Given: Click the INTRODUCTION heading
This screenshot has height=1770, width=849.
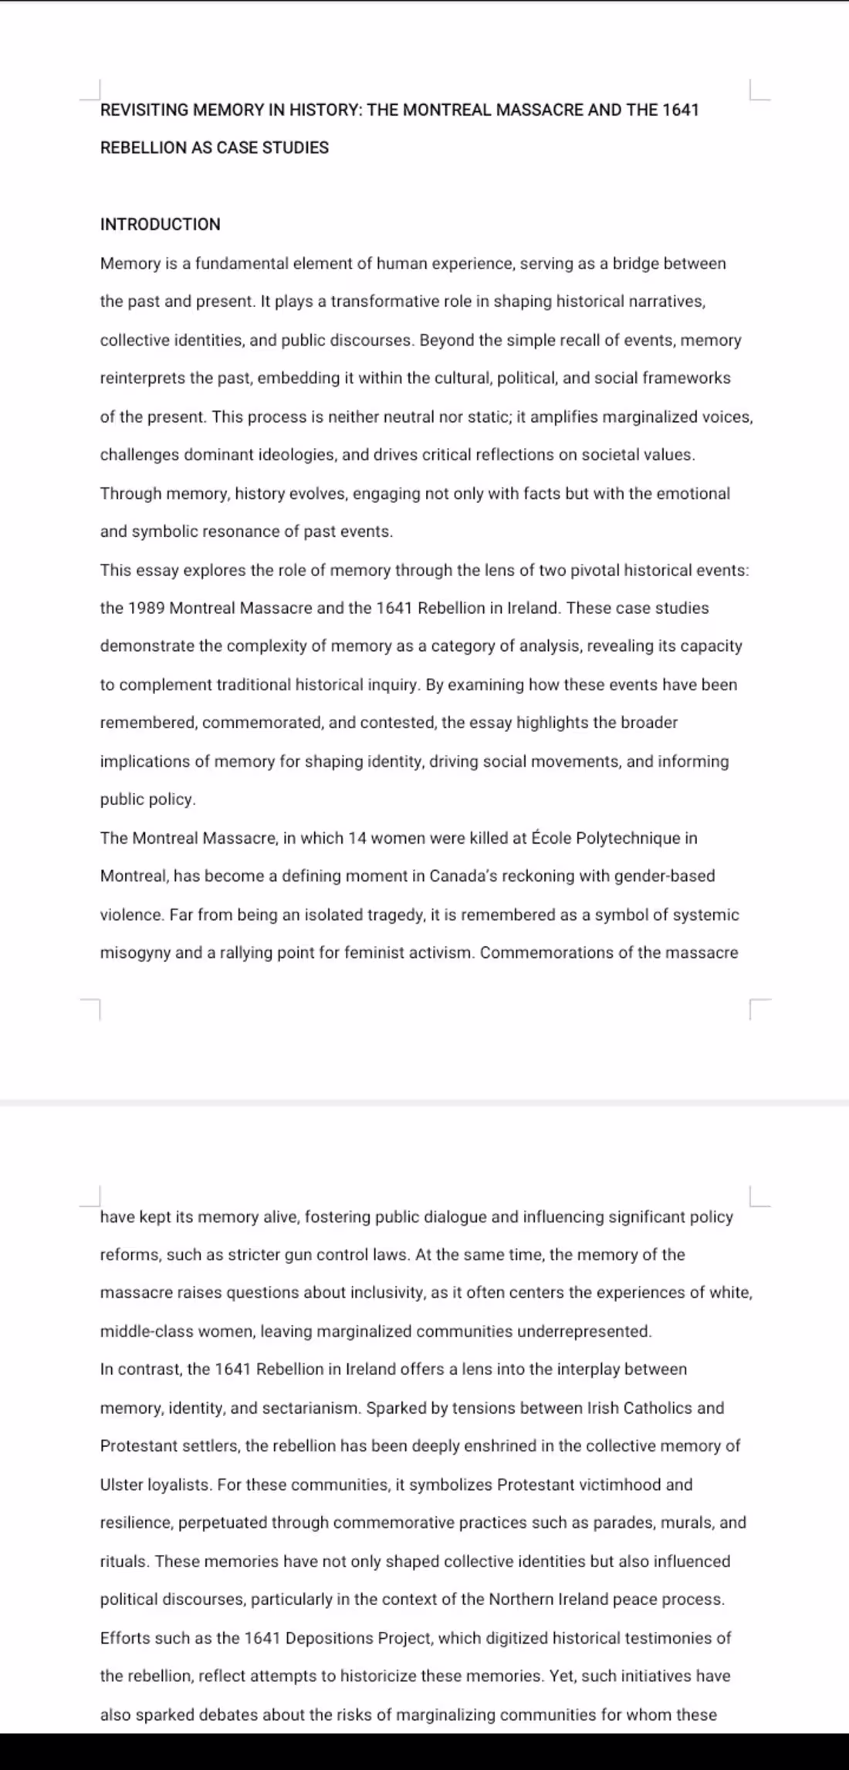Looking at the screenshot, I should click(x=160, y=224).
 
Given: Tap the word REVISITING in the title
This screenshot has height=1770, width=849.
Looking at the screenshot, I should click(x=144, y=110).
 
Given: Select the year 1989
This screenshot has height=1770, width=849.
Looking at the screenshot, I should click(x=146, y=609).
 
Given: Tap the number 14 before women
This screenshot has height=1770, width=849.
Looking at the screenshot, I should click(x=357, y=838).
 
